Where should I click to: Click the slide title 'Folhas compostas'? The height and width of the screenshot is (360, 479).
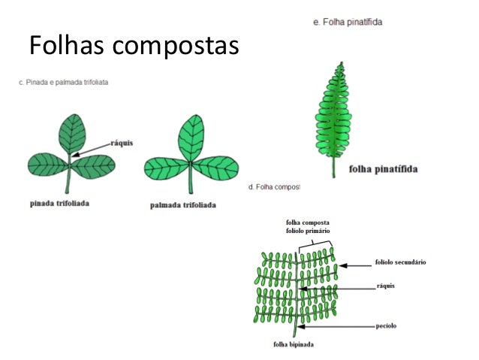[x=133, y=47]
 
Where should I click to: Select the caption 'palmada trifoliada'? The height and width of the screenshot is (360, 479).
[x=183, y=204]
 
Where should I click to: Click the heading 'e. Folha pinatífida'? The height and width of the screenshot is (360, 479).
[x=348, y=23]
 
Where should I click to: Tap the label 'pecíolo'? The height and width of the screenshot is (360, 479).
[x=385, y=326]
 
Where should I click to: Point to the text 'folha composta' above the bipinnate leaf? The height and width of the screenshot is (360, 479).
[x=312, y=223]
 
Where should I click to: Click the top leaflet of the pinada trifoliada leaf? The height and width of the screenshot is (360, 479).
[x=72, y=133]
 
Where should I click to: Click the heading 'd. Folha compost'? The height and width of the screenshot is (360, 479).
[x=273, y=186]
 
